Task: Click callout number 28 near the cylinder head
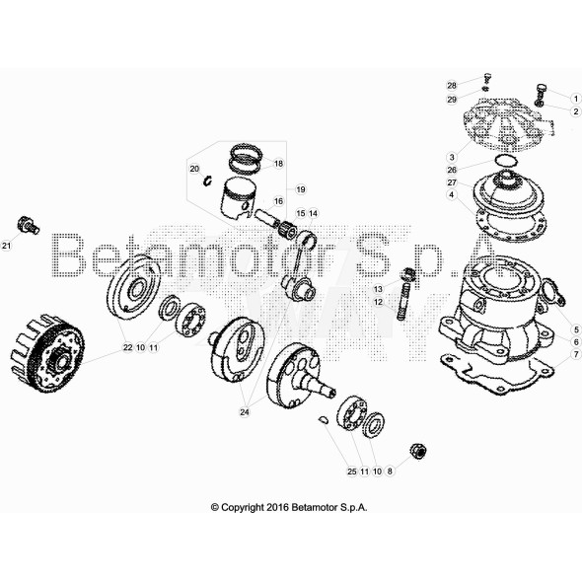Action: [x=451, y=85]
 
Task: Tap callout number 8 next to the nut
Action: [x=390, y=472]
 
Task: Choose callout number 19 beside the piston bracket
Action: [x=300, y=188]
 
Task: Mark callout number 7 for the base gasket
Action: [x=576, y=353]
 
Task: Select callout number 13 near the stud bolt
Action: [x=377, y=289]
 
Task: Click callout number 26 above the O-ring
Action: [x=451, y=169]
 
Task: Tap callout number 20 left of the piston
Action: [x=194, y=170]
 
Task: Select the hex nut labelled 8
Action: [x=416, y=452]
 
